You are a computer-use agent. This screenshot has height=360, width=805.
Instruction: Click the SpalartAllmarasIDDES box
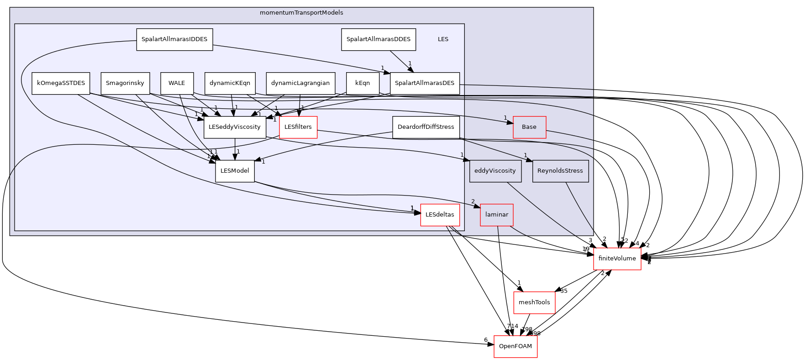[x=174, y=39]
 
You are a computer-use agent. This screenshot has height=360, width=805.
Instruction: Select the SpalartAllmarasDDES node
[x=378, y=39]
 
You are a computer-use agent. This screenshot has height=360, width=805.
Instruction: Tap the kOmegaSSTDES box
[x=61, y=83]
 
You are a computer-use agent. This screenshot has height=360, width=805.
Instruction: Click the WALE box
[x=177, y=83]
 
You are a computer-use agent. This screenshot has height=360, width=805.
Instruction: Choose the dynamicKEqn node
[x=230, y=83]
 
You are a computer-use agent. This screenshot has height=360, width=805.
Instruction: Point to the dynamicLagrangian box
[x=300, y=83]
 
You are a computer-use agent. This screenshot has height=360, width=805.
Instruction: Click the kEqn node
[x=363, y=83]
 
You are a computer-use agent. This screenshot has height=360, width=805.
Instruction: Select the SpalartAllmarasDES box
[x=424, y=83]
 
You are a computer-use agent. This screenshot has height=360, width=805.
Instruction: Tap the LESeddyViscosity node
[x=234, y=127]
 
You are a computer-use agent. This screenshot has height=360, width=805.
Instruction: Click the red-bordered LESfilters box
[x=298, y=127]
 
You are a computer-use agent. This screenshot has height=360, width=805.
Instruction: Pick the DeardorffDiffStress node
[x=426, y=127]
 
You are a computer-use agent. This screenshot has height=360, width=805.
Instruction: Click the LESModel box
[x=235, y=171]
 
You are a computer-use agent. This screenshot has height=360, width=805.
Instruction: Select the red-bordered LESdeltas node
[x=440, y=215]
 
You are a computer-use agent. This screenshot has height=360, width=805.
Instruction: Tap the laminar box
[x=496, y=215]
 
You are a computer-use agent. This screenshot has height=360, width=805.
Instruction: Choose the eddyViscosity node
[x=495, y=171]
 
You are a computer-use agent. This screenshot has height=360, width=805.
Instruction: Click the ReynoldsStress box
[x=560, y=171]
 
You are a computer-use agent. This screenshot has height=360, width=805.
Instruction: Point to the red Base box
[x=529, y=127]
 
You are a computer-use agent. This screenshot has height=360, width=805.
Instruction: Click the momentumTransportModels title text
[x=301, y=13]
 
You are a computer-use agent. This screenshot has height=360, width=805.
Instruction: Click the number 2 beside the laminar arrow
[x=473, y=201]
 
